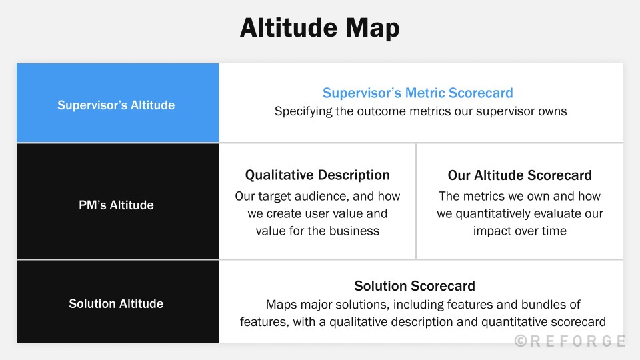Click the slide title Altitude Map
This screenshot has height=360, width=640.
[x=319, y=29]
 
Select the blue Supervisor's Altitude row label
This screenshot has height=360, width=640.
[x=116, y=105]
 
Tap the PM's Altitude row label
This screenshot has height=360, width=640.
[x=116, y=205]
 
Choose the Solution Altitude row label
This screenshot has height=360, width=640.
[x=116, y=304]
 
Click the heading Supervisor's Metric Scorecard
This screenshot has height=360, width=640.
[x=418, y=93]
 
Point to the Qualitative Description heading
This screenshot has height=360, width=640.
[x=317, y=175]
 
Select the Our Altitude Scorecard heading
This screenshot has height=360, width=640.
[x=519, y=175]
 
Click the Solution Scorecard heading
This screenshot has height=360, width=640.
[x=415, y=286]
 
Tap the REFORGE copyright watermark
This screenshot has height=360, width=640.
[x=570, y=341]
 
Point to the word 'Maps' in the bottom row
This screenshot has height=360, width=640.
[x=281, y=305]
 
